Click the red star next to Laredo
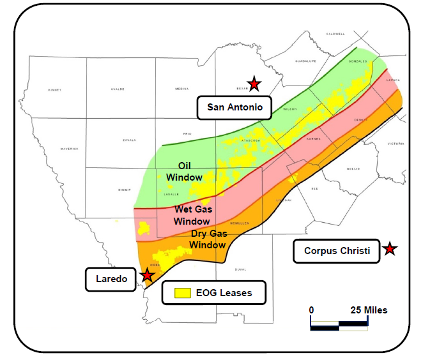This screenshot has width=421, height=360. [x=148, y=275]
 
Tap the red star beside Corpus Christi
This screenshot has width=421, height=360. [x=389, y=250]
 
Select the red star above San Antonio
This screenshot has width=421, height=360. [x=254, y=83]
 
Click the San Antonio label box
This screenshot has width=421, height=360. [x=234, y=107]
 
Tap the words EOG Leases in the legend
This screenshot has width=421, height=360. [x=225, y=293]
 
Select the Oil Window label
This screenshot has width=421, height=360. [x=185, y=172]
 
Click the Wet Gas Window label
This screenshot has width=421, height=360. [x=192, y=215]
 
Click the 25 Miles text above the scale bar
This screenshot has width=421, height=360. [x=367, y=310]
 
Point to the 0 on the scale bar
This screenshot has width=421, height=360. [x=312, y=310]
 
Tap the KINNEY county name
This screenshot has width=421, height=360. [x=56, y=90]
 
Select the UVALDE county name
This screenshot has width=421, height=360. [x=118, y=90]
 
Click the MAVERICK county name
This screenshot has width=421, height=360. [x=69, y=149]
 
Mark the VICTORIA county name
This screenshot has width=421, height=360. [x=396, y=144]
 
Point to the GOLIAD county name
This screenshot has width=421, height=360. [x=353, y=169]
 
